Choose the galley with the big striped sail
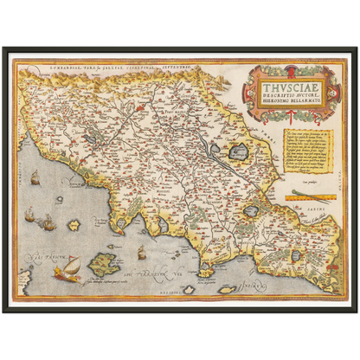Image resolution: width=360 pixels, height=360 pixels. point(66,269)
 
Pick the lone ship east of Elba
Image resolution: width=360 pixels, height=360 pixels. point(142,252)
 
